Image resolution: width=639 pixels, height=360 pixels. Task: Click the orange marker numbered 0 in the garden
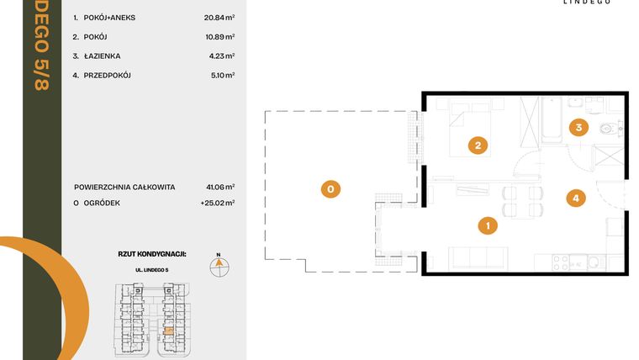click(x=330, y=189)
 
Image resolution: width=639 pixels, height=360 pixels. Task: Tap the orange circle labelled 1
click(x=487, y=225)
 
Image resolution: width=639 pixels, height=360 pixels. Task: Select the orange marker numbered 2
click(x=477, y=146)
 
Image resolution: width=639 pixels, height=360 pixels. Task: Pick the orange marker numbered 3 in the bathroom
click(x=577, y=128)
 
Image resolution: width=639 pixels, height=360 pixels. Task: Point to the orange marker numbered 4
click(x=575, y=199)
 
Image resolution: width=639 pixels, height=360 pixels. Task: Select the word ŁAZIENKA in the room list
click(x=102, y=56)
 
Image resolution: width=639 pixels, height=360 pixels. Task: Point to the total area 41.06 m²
click(x=222, y=187)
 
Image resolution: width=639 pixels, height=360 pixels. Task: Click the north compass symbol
click(x=218, y=265)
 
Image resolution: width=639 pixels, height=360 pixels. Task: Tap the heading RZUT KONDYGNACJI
click(x=152, y=252)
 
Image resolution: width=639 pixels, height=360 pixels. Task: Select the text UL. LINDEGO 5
click(x=152, y=270)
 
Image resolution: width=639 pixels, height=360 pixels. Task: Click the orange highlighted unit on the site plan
click(x=169, y=331)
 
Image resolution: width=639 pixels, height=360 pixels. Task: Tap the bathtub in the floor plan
click(x=552, y=122)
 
